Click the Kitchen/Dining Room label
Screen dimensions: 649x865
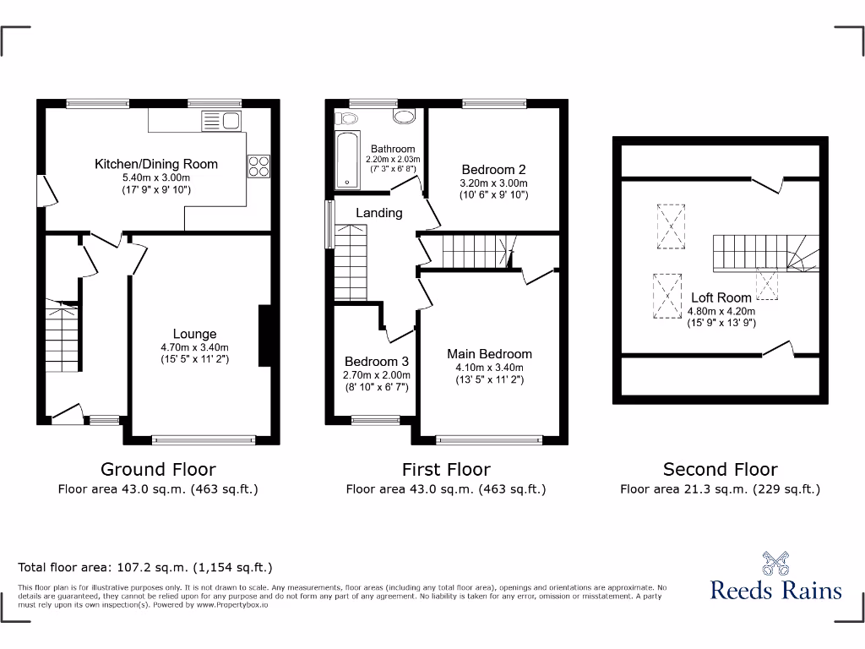pyautogui.click(x=156, y=164)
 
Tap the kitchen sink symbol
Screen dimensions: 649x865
pyautogui.click(x=221, y=122)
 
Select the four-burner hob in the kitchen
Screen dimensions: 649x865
pyautogui.click(x=258, y=166)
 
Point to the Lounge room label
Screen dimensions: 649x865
pyautogui.click(x=195, y=334)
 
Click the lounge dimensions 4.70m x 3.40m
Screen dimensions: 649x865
pyautogui.click(x=195, y=347)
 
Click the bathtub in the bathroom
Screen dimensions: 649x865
pyautogui.click(x=346, y=160)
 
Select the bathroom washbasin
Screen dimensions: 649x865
pyautogui.click(x=404, y=117)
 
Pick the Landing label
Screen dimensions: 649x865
pyautogui.click(x=378, y=213)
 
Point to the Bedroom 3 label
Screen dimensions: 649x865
pyautogui.click(x=376, y=362)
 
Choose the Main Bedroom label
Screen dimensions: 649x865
pyautogui.click(x=490, y=354)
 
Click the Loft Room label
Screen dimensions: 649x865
pyautogui.click(x=721, y=297)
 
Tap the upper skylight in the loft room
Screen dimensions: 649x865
pyautogui.click(x=672, y=226)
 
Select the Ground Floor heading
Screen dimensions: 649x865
pyautogui.click(x=158, y=469)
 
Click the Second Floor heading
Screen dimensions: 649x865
pyautogui.click(x=720, y=469)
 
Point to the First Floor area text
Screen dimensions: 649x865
pyautogui.click(x=446, y=489)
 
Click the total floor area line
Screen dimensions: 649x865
pyautogui.click(x=145, y=568)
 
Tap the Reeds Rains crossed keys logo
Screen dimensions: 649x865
pyautogui.click(x=775, y=564)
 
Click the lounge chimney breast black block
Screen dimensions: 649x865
pyautogui.click(x=264, y=335)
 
